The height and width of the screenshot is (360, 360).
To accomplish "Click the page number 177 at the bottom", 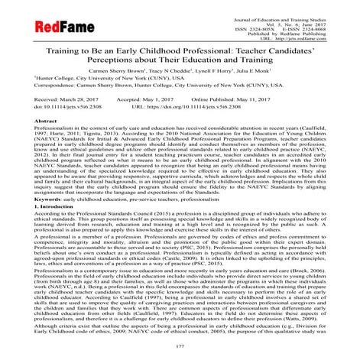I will pyautogui.click(x=180, y=349).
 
